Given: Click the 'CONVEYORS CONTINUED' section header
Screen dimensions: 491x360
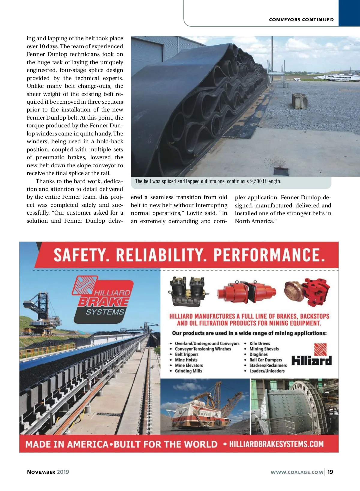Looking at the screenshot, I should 301,20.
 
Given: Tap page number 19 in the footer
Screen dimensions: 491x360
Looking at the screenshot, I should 330,472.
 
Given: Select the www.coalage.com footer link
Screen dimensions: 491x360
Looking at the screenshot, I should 297,472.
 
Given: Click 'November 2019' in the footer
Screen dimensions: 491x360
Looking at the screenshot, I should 48,472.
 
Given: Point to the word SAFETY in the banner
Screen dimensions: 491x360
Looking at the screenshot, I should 79,255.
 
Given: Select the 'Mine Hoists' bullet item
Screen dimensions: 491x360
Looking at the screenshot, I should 186,360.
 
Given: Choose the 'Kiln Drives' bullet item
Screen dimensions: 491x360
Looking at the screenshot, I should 259,344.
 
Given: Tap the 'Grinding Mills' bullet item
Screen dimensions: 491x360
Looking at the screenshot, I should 188,371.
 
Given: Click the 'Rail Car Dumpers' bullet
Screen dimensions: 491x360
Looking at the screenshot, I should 265,360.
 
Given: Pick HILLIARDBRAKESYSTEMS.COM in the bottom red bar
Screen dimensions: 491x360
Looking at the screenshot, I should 276,444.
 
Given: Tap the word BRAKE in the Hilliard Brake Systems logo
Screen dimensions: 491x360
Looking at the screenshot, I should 103,302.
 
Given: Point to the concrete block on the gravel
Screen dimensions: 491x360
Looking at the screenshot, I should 300,101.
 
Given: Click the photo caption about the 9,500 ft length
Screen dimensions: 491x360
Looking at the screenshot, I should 208,181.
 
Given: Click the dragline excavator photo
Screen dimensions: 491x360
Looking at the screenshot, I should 205,406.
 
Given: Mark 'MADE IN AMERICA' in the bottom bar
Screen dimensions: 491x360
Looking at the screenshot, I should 67,444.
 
